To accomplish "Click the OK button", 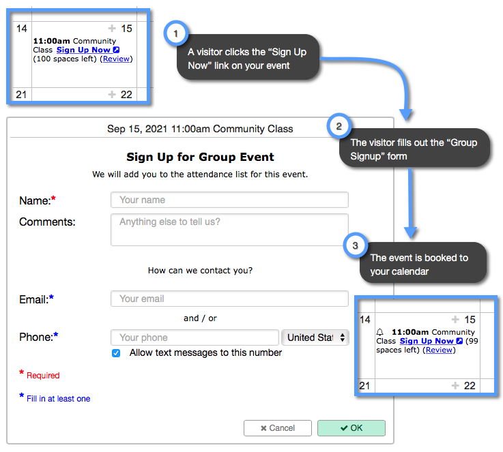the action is [x=351, y=427].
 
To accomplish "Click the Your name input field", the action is [x=229, y=200].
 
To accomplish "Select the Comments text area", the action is [x=229, y=229].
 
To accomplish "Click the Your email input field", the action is [x=229, y=299].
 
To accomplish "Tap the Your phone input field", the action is [x=195, y=337].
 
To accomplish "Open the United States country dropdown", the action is [x=315, y=337].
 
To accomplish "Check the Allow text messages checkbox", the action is [x=116, y=353].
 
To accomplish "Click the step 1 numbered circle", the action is [x=176, y=32].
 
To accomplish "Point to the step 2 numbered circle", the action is [x=339, y=126].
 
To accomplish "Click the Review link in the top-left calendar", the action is [x=116, y=59].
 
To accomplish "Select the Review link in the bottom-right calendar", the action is [x=439, y=350].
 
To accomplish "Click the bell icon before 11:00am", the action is [x=380, y=332].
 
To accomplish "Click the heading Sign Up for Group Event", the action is [x=200, y=157].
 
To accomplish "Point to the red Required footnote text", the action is [x=43, y=376].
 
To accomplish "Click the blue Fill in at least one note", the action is [x=58, y=399].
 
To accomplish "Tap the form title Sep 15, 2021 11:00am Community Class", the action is [x=200, y=128].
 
